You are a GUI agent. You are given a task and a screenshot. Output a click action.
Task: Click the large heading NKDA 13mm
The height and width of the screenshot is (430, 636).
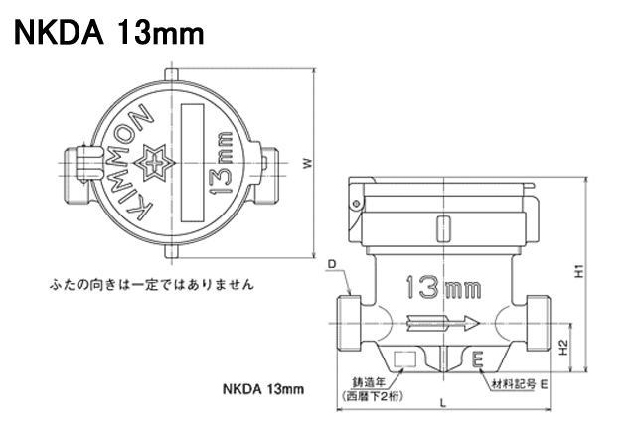click(x=108, y=33)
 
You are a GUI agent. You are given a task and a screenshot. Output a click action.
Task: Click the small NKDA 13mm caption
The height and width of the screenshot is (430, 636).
click(x=263, y=389)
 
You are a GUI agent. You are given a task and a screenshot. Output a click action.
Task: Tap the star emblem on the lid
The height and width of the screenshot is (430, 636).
click(x=154, y=163)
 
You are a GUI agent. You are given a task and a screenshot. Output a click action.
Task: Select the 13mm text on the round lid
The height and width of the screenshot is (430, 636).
click(x=220, y=163)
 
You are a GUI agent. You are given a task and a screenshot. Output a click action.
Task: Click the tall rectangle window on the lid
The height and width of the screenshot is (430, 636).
click(x=192, y=163)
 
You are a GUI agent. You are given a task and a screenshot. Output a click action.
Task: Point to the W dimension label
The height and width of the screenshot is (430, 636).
click(x=308, y=163)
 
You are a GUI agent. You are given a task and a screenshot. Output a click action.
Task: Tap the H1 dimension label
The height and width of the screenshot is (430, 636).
click(x=580, y=271)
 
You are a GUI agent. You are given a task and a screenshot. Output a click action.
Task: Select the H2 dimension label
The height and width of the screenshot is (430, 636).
click(x=563, y=348)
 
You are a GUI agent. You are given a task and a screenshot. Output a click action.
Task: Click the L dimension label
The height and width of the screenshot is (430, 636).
click(x=443, y=403)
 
